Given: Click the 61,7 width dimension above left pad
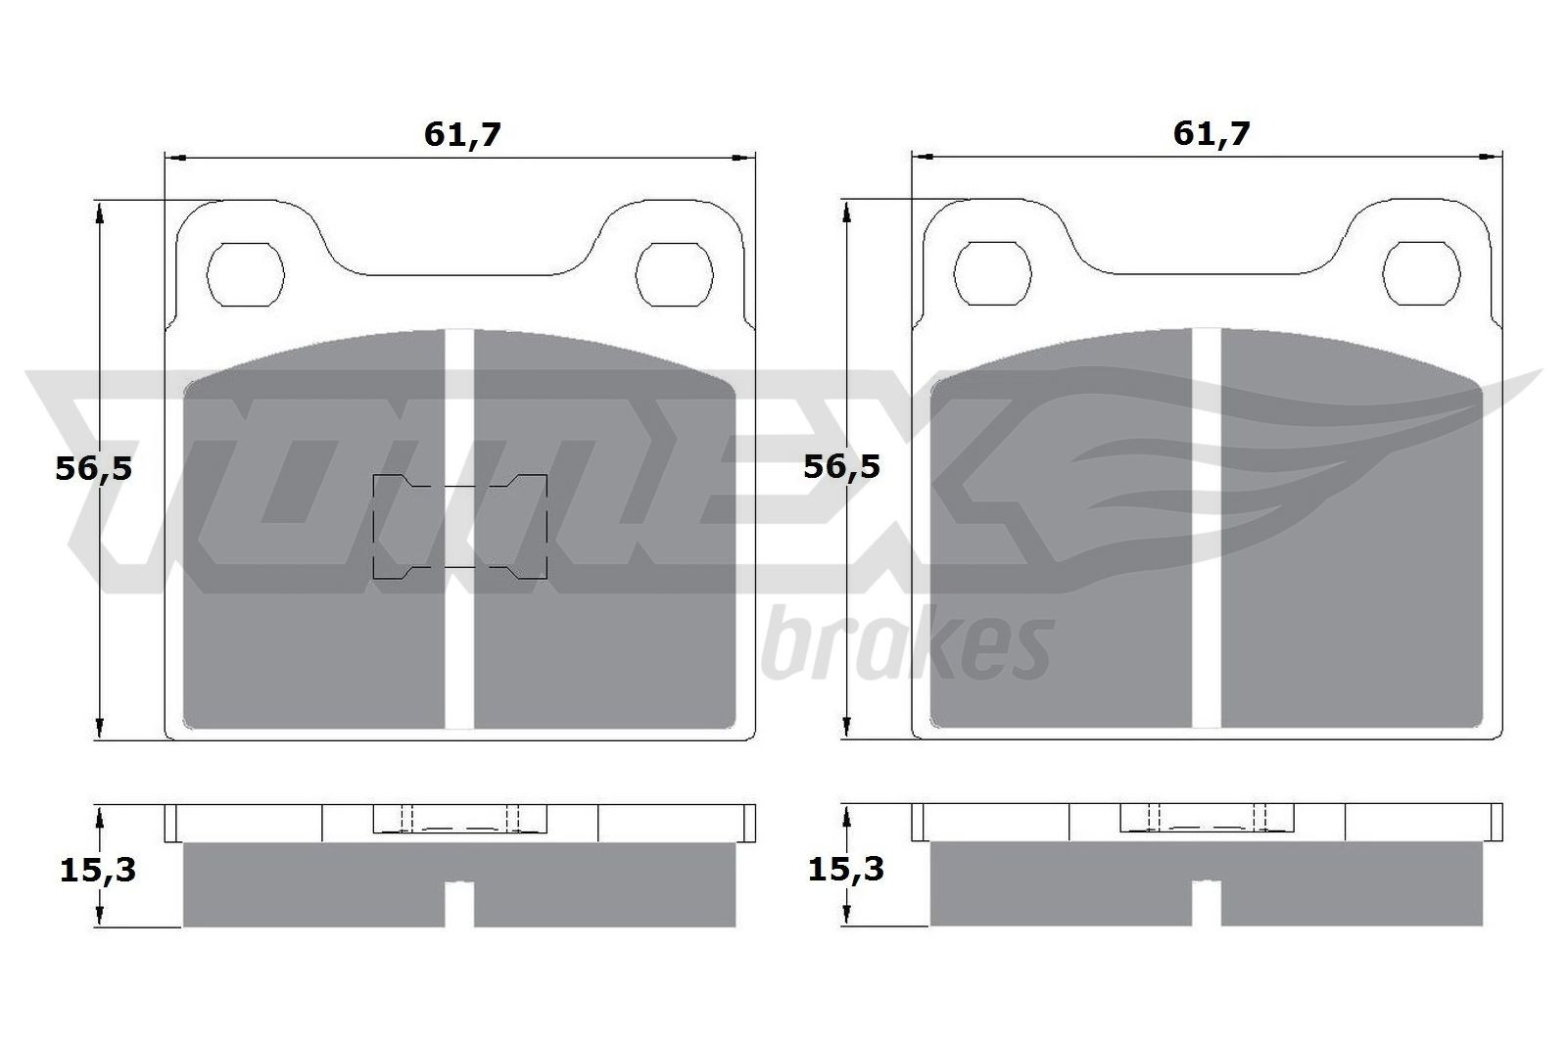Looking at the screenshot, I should pyautogui.click(x=462, y=134).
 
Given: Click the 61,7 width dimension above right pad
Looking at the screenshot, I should pyautogui.click(x=1211, y=133).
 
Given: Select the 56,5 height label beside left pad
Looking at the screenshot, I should pyautogui.click(x=93, y=468).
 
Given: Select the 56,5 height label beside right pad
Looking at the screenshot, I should pyautogui.click(x=841, y=466).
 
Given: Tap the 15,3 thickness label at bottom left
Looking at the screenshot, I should pyautogui.click(x=98, y=869).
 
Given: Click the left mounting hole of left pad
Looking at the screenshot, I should pyautogui.click(x=247, y=275).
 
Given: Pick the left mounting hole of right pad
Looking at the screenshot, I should pyautogui.click(x=992, y=275).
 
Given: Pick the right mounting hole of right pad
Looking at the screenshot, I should pyautogui.click(x=1420, y=275).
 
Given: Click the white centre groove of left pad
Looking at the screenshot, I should pyautogui.click(x=459, y=588).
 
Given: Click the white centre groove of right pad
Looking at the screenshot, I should pyautogui.click(x=1206, y=588).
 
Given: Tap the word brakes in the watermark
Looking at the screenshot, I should pyautogui.click(x=906, y=647).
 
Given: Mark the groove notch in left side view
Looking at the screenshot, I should pyautogui.click(x=459, y=902).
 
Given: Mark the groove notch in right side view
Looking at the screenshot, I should pyautogui.click(x=1206, y=902).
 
